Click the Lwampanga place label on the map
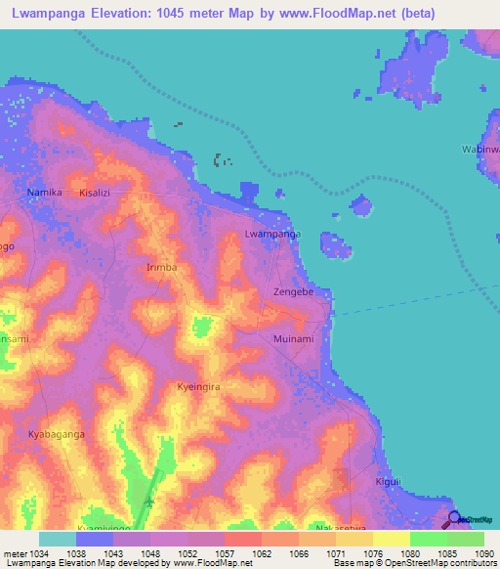click(272, 235)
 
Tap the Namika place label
click(45, 193)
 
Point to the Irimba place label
click(161, 267)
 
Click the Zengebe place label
click(293, 292)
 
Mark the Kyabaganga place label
click(57, 433)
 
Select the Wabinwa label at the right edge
click(480, 150)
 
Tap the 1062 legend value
click(263, 552)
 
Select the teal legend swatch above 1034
click(58, 539)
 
